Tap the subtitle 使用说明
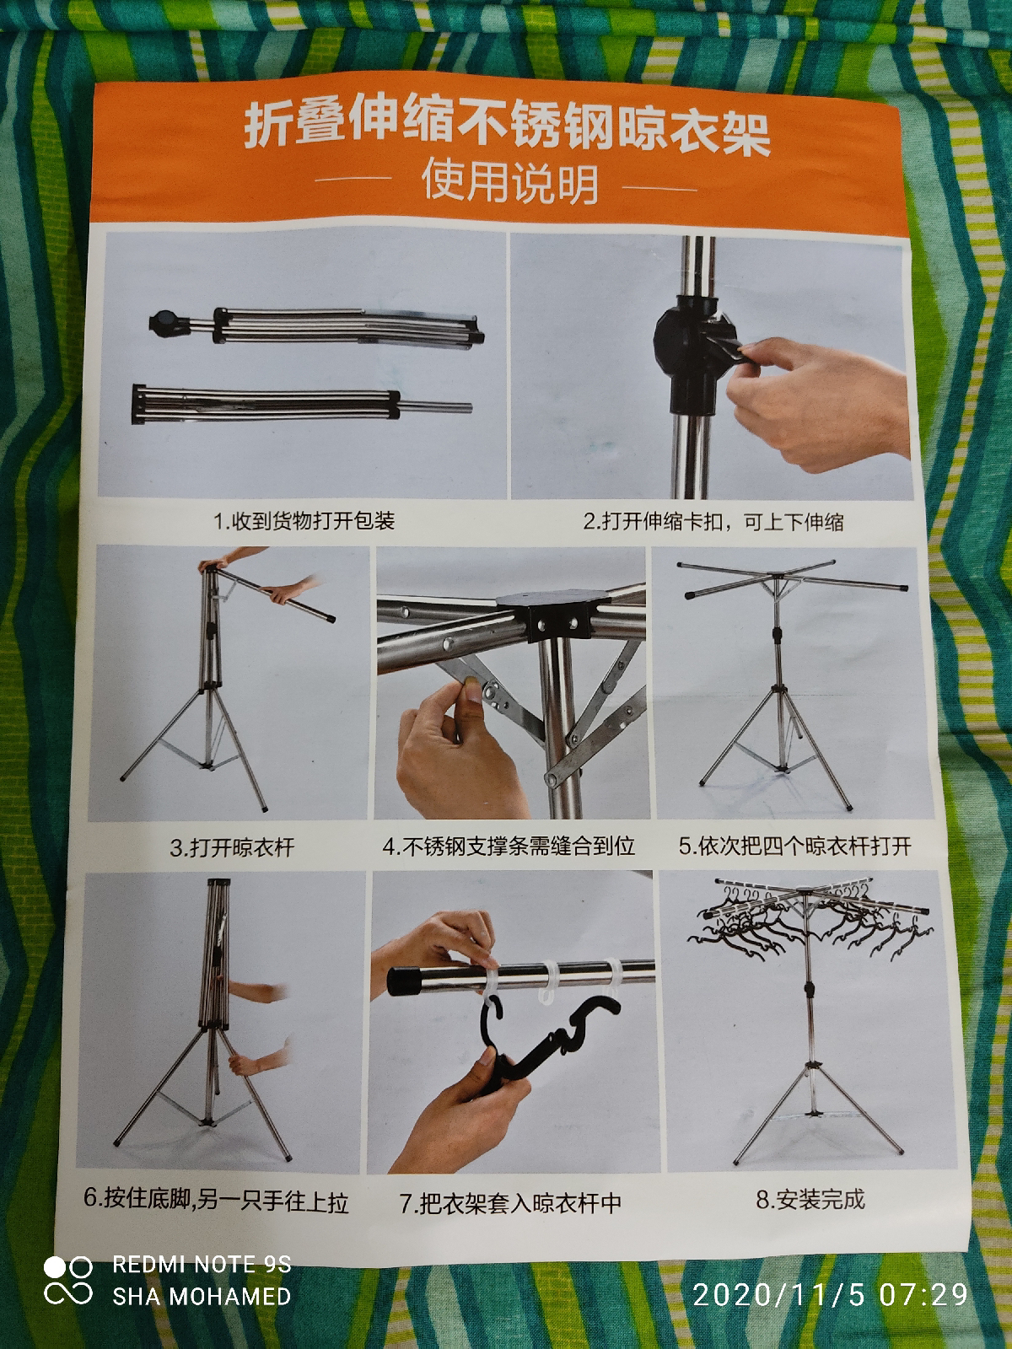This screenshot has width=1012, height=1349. [509, 182]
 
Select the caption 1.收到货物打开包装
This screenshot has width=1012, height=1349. [304, 521]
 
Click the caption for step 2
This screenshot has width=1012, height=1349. [713, 522]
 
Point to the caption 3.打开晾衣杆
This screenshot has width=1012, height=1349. [232, 848]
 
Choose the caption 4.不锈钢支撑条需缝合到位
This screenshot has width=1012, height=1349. [509, 846]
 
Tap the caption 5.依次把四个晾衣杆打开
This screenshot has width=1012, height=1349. [795, 846]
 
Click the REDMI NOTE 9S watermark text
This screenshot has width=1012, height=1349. [202, 1264]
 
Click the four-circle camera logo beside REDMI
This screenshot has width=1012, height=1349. [68, 1282]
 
